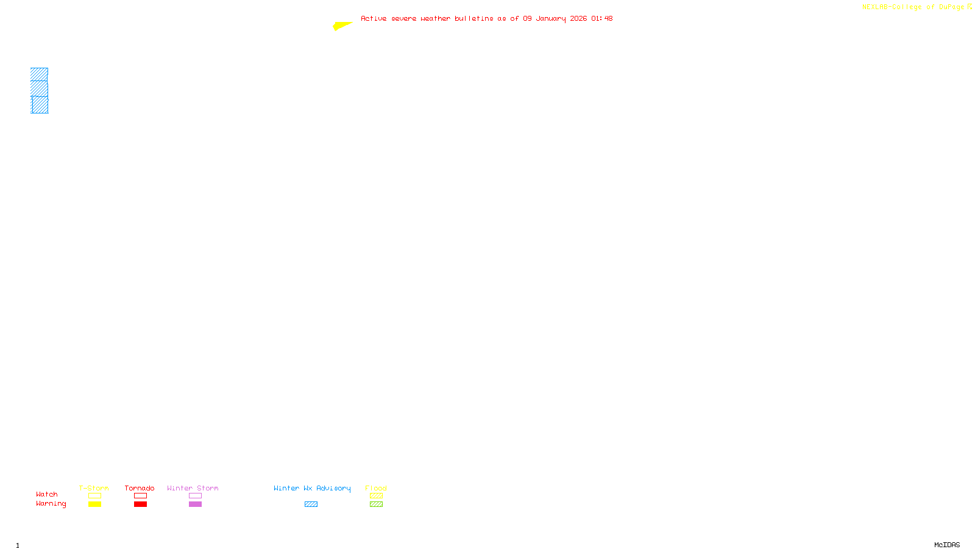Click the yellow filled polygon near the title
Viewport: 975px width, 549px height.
click(x=341, y=26)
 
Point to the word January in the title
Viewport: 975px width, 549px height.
click(x=550, y=18)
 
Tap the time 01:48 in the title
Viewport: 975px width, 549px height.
click(x=601, y=18)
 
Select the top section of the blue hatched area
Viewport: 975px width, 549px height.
click(x=39, y=74)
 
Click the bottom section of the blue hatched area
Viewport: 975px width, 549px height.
click(x=40, y=105)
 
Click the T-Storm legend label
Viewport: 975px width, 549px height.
click(x=94, y=488)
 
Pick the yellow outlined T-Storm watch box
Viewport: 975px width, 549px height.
click(x=94, y=496)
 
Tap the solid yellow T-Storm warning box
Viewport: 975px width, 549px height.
click(x=94, y=504)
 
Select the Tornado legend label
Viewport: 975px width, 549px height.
click(x=140, y=488)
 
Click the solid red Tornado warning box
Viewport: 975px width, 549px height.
click(x=140, y=504)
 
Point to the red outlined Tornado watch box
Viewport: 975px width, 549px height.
click(x=140, y=496)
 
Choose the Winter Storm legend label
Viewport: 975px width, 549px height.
click(x=193, y=488)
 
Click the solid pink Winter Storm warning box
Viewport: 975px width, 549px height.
click(x=195, y=504)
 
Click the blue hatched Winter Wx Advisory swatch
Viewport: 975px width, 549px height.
click(x=311, y=504)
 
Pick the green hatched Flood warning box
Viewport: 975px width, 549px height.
click(x=376, y=504)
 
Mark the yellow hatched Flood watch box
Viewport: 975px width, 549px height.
click(x=376, y=496)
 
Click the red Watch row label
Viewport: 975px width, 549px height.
click(x=47, y=494)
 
